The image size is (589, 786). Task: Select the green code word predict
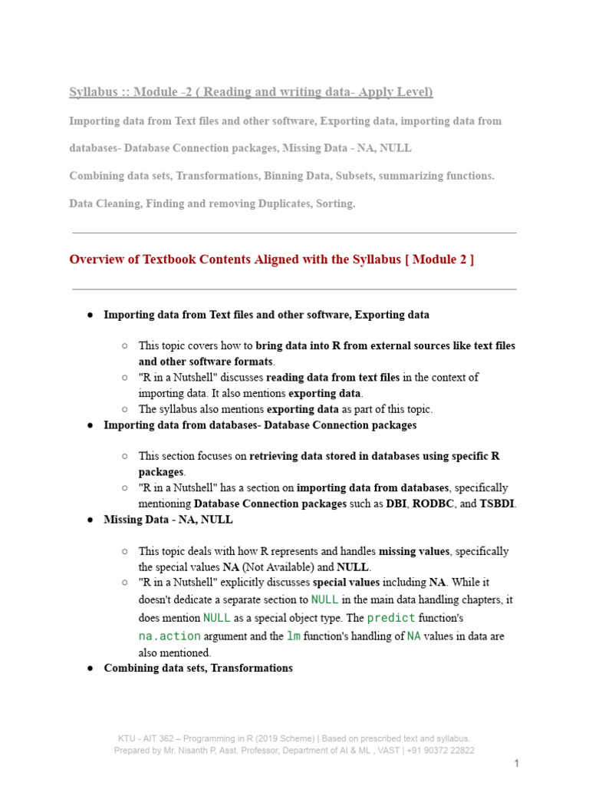point(391,617)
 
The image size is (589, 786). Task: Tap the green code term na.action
point(169,636)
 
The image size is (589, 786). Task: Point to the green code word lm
point(293,636)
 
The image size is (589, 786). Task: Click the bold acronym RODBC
point(435,504)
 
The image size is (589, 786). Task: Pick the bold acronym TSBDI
point(498,504)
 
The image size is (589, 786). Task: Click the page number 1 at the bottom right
point(517,763)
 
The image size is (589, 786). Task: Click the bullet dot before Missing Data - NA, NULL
point(90,520)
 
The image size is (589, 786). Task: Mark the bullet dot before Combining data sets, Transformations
point(90,669)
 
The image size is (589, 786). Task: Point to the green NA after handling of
point(413,636)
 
